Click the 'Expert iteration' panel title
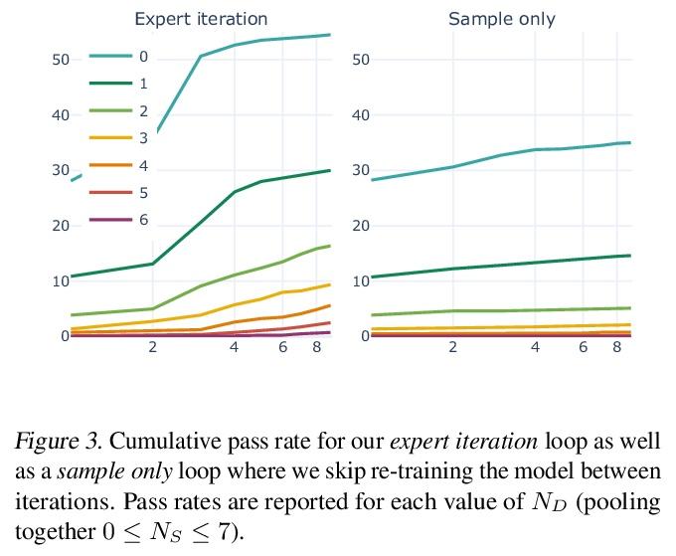click(201, 19)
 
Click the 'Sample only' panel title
click(501, 19)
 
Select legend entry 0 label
click(144, 57)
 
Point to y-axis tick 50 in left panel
click(61, 60)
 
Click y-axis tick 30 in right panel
click(361, 171)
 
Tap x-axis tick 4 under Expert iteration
click(235, 347)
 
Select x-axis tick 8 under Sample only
click(617, 347)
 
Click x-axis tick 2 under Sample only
click(453, 347)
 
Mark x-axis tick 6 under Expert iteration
click(283, 347)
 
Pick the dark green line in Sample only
click(497, 265)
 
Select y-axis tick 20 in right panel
click(361, 226)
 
